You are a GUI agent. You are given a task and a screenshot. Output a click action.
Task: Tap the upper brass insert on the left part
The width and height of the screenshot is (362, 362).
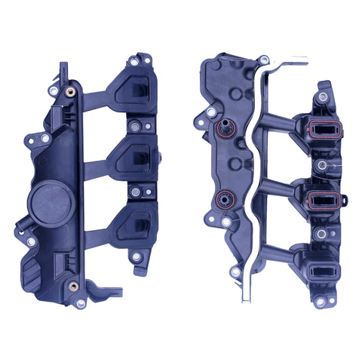[x=69, y=90]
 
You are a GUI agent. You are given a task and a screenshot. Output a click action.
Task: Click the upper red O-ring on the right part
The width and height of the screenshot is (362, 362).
[x=223, y=130]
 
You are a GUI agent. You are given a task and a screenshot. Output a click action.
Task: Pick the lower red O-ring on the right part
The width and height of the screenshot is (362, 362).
[x=223, y=200]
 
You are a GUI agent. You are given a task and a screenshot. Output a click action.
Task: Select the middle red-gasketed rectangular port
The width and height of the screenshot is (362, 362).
[x=324, y=200]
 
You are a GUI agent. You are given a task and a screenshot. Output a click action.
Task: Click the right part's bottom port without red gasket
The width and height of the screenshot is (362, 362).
[x=323, y=268]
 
